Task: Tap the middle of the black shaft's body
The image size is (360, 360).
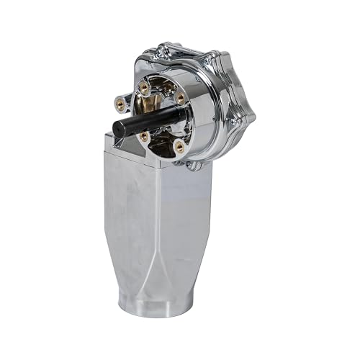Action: (148, 120)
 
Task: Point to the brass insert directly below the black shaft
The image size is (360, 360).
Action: (145, 135)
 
